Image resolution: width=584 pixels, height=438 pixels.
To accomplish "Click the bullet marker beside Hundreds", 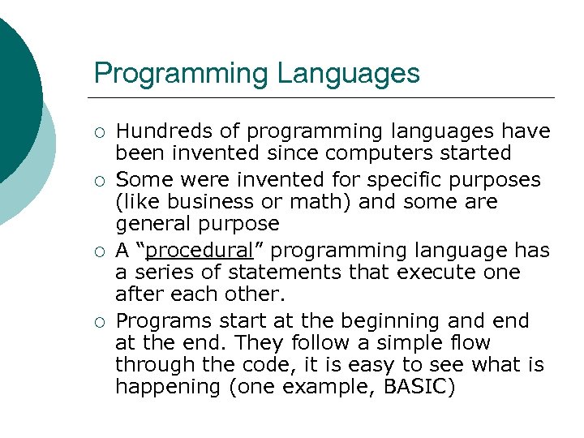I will pos(100,131).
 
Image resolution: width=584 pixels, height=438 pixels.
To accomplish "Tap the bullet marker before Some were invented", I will pos(100,178).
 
